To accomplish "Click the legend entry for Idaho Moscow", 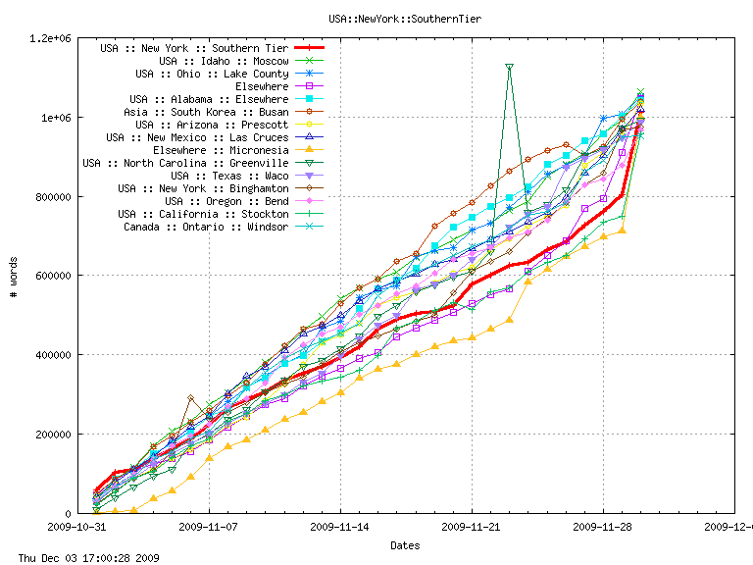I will click(224, 61).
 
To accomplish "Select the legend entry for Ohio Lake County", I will click(212, 74).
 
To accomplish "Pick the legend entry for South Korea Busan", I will click(209, 112).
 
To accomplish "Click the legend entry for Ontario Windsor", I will click(206, 227).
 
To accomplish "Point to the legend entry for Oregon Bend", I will click(230, 201).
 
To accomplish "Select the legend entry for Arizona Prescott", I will click(212, 125).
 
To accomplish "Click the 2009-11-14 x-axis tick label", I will click(340, 527).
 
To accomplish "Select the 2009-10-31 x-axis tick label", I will click(78, 527).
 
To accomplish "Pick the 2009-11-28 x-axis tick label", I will click(603, 527).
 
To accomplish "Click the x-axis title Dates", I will click(406, 545).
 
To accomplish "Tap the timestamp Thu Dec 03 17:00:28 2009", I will click(81, 557).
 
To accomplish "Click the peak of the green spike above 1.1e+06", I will click(509, 67).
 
